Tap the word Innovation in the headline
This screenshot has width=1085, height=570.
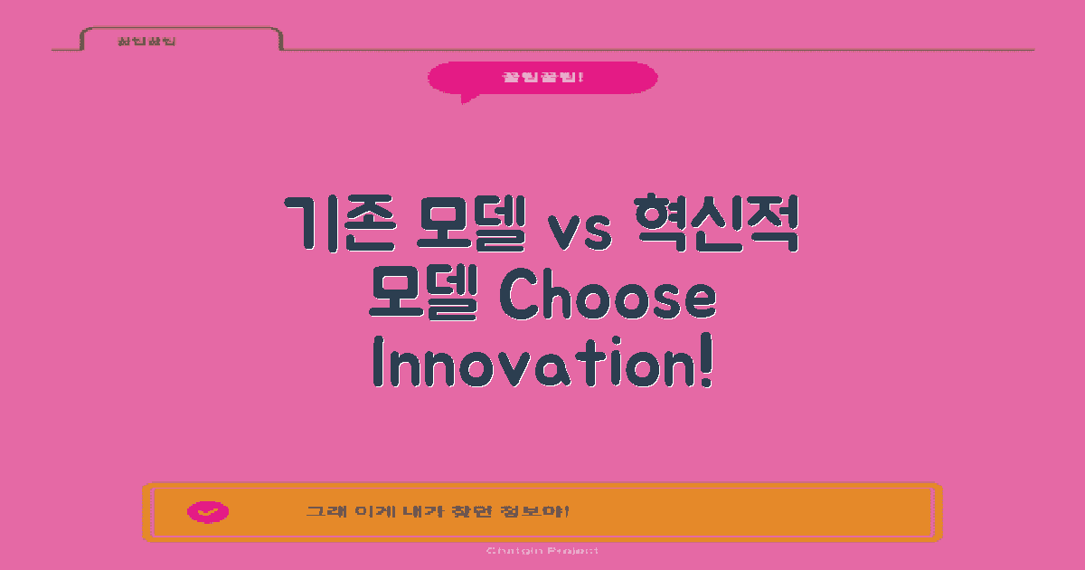[533, 364]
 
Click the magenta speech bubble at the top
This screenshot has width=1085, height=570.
[542, 77]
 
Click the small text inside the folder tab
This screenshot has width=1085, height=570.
[146, 42]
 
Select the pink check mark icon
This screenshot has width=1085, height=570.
[208, 512]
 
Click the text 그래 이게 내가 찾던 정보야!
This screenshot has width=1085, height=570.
[438, 512]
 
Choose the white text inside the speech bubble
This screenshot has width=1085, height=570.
[542, 77]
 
